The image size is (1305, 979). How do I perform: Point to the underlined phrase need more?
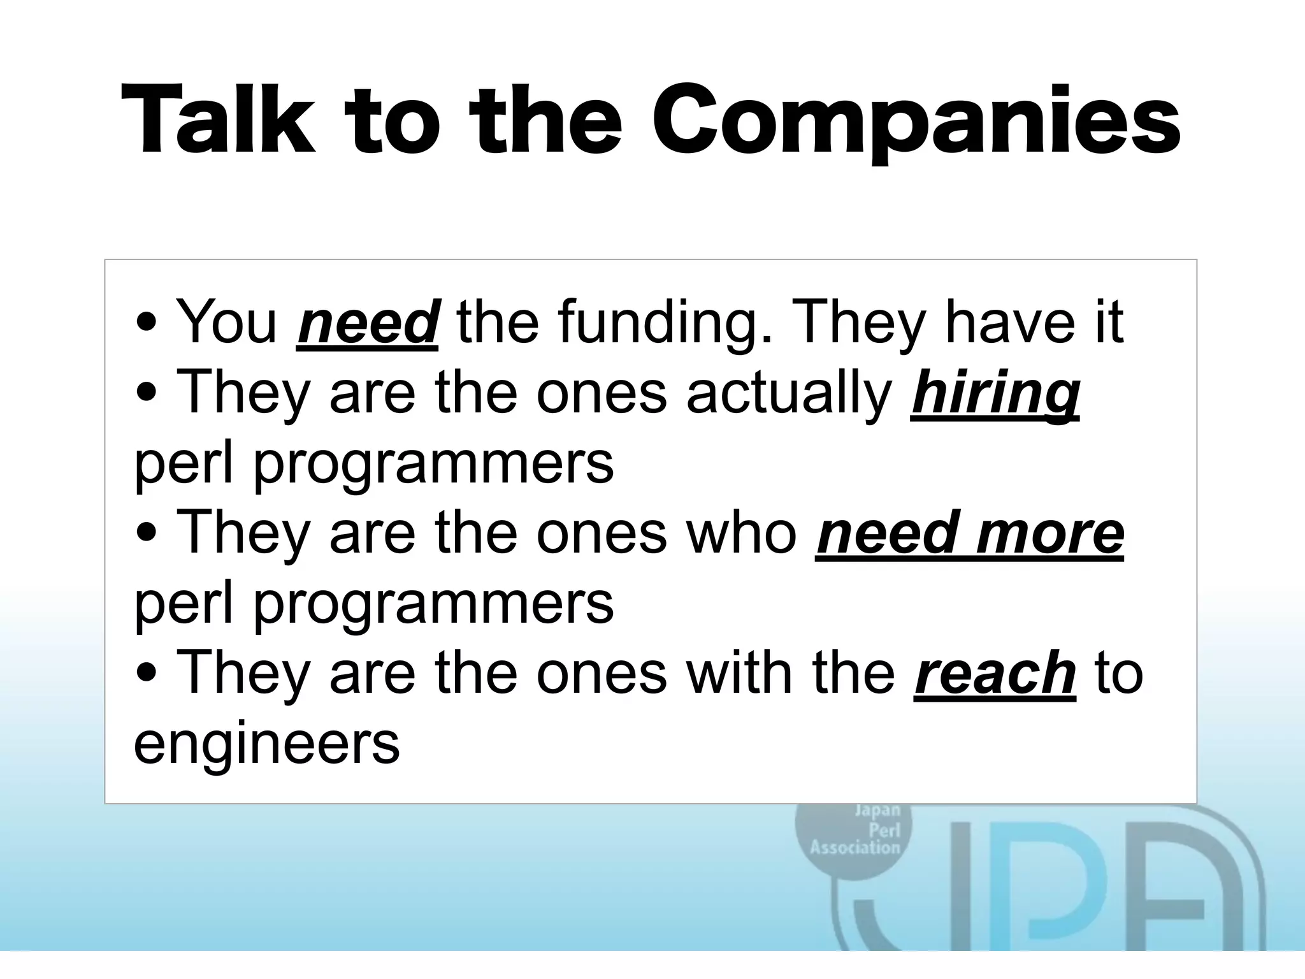tap(969, 533)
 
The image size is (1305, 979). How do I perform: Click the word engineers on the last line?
tap(266, 743)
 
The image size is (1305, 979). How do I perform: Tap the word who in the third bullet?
tap(742, 533)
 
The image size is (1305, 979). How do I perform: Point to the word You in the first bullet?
tap(226, 323)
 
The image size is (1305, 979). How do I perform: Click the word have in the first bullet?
tap(998, 323)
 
